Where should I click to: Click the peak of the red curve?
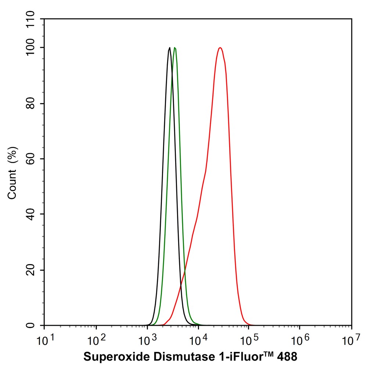pos(220,48)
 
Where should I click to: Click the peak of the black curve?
pos(169,47)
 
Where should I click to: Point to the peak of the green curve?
pos(175,48)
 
